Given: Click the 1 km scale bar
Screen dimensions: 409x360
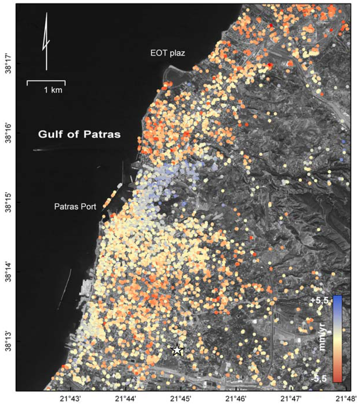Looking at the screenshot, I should pos(46,83).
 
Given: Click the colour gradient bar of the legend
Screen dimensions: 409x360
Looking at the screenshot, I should pos(337,338).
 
